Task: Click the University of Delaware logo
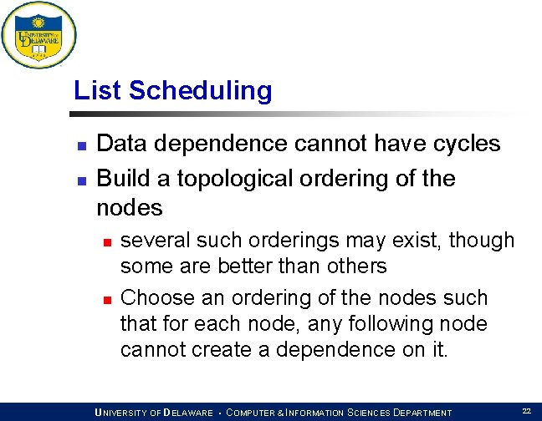tap(38, 36)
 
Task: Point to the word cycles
tap(462, 144)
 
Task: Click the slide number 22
tap(526, 411)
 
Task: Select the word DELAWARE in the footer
tap(188, 413)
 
